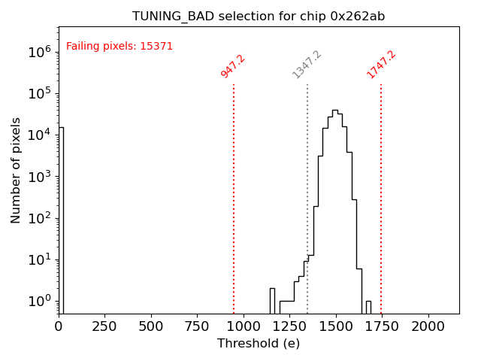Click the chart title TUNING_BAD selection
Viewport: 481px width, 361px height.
(259, 17)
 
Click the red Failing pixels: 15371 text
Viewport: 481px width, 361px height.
(119, 47)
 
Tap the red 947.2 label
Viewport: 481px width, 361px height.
(233, 66)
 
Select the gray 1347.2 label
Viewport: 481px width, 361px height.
(307, 65)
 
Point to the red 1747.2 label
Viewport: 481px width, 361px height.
(381, 65)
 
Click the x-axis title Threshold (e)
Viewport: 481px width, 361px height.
(259, 344)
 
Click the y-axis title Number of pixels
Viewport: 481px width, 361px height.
(17, 170)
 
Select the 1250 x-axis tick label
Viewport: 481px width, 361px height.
(289, 326)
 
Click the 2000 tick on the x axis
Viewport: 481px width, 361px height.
(428, 326)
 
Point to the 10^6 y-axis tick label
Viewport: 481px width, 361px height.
(39, 52)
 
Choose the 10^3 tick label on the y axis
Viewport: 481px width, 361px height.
(39, 177)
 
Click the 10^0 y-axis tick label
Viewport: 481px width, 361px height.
(39, 302)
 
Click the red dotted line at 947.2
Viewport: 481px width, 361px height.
(234, 196)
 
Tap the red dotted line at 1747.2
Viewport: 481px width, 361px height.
(381, 196)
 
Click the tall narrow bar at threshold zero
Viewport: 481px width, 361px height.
(61, 218)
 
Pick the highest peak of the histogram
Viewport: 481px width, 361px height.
(335, 111)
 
